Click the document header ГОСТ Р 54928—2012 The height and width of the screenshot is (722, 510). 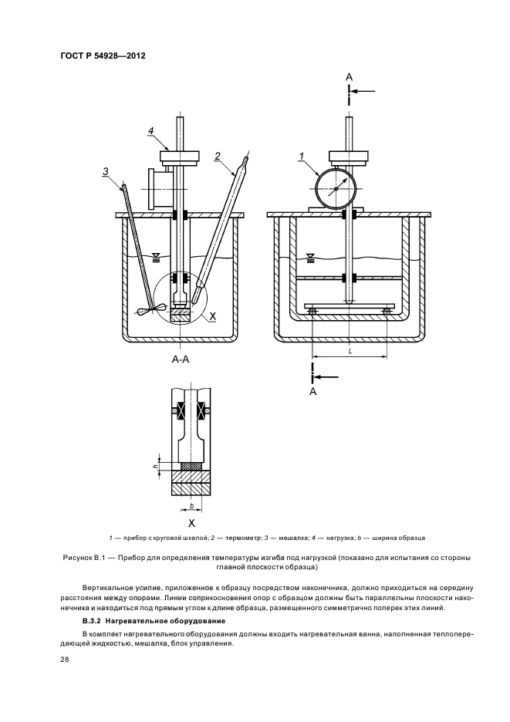[103, 56]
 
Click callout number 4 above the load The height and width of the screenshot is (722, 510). [150, 131]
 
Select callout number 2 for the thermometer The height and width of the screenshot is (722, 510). [217, 156]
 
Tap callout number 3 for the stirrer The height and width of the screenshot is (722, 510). [106, 171]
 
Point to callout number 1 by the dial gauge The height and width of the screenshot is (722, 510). [302, 157]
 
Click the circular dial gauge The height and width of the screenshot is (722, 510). [336, 189]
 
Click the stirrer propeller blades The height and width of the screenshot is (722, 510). [150, 310]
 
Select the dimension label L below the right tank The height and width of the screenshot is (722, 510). [350, 351]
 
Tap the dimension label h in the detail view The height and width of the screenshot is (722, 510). [156, 467]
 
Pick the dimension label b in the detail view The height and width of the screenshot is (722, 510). [191, 506]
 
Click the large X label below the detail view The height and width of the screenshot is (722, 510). [191, 523]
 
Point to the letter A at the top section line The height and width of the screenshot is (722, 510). [350, 77]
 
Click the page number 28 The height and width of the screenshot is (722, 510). [65, 660]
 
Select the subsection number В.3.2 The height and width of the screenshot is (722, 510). [92, 621]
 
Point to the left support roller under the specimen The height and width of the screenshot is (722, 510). [313, 312]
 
